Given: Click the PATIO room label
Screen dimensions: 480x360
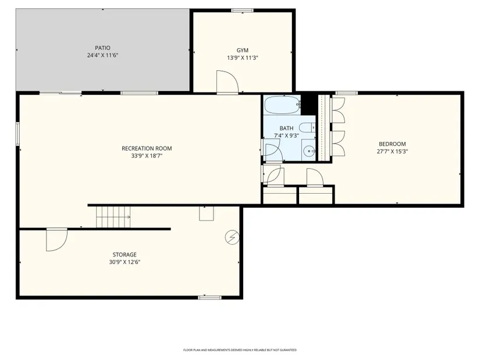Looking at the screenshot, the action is [102, 48].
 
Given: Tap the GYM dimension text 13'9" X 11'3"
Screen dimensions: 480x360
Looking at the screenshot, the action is [243, 58].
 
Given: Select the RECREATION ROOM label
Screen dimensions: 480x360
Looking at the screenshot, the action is [147, 148].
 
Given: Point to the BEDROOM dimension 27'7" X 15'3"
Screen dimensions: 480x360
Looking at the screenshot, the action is [392, 151].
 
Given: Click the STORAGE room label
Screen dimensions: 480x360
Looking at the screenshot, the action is [125, 255].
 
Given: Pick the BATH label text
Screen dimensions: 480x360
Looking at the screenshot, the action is [286, 129].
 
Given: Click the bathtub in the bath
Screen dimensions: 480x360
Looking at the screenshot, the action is [282, 105].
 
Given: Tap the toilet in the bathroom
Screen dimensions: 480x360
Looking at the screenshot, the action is [307, 127].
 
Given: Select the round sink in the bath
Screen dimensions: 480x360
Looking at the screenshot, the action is [309, 151].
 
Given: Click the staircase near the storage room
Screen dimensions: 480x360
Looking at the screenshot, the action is [113, 217].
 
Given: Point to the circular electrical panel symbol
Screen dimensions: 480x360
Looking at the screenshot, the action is [232, 237].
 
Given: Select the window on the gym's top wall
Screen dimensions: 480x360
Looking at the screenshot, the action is [243, 10].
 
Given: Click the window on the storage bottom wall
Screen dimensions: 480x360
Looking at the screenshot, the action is [209, 297].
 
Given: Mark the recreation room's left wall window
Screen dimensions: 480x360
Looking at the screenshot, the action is [18, 134].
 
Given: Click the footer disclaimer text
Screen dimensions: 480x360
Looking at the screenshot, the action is [240, 350].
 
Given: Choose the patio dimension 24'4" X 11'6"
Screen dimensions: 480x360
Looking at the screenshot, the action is [102, 55].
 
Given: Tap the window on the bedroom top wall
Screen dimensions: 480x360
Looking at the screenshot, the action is [347, 92].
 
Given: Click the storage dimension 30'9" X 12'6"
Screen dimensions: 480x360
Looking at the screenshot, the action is [125, 262].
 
